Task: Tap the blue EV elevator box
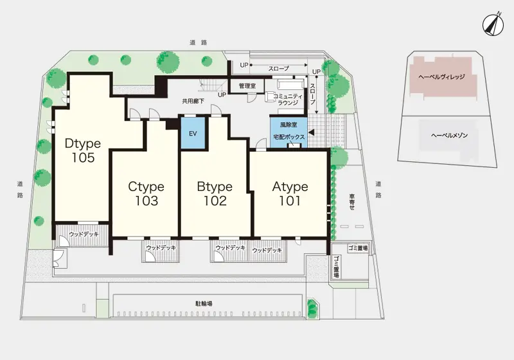point(193,134)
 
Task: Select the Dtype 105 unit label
point(83,150)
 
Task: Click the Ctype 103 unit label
point(146,194)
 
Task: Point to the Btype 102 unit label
point(215,194)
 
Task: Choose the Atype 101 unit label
point(290,194)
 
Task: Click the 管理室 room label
point(247,86)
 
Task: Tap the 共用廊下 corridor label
point(193,102)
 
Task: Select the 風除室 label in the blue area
point(288,125)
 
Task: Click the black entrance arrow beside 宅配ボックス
point(312,132)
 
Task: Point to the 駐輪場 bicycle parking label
point(204,303)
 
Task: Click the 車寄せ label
point(352,202)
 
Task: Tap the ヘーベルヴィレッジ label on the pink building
point(441,77)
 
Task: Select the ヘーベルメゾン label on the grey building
point(449,135)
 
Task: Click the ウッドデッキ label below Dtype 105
point(84,235)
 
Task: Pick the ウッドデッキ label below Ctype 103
point(161,248)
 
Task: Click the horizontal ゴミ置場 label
point(358,249)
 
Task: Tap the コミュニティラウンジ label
point(288,100)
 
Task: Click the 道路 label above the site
point(199,42)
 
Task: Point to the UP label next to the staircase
point(222,94)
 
